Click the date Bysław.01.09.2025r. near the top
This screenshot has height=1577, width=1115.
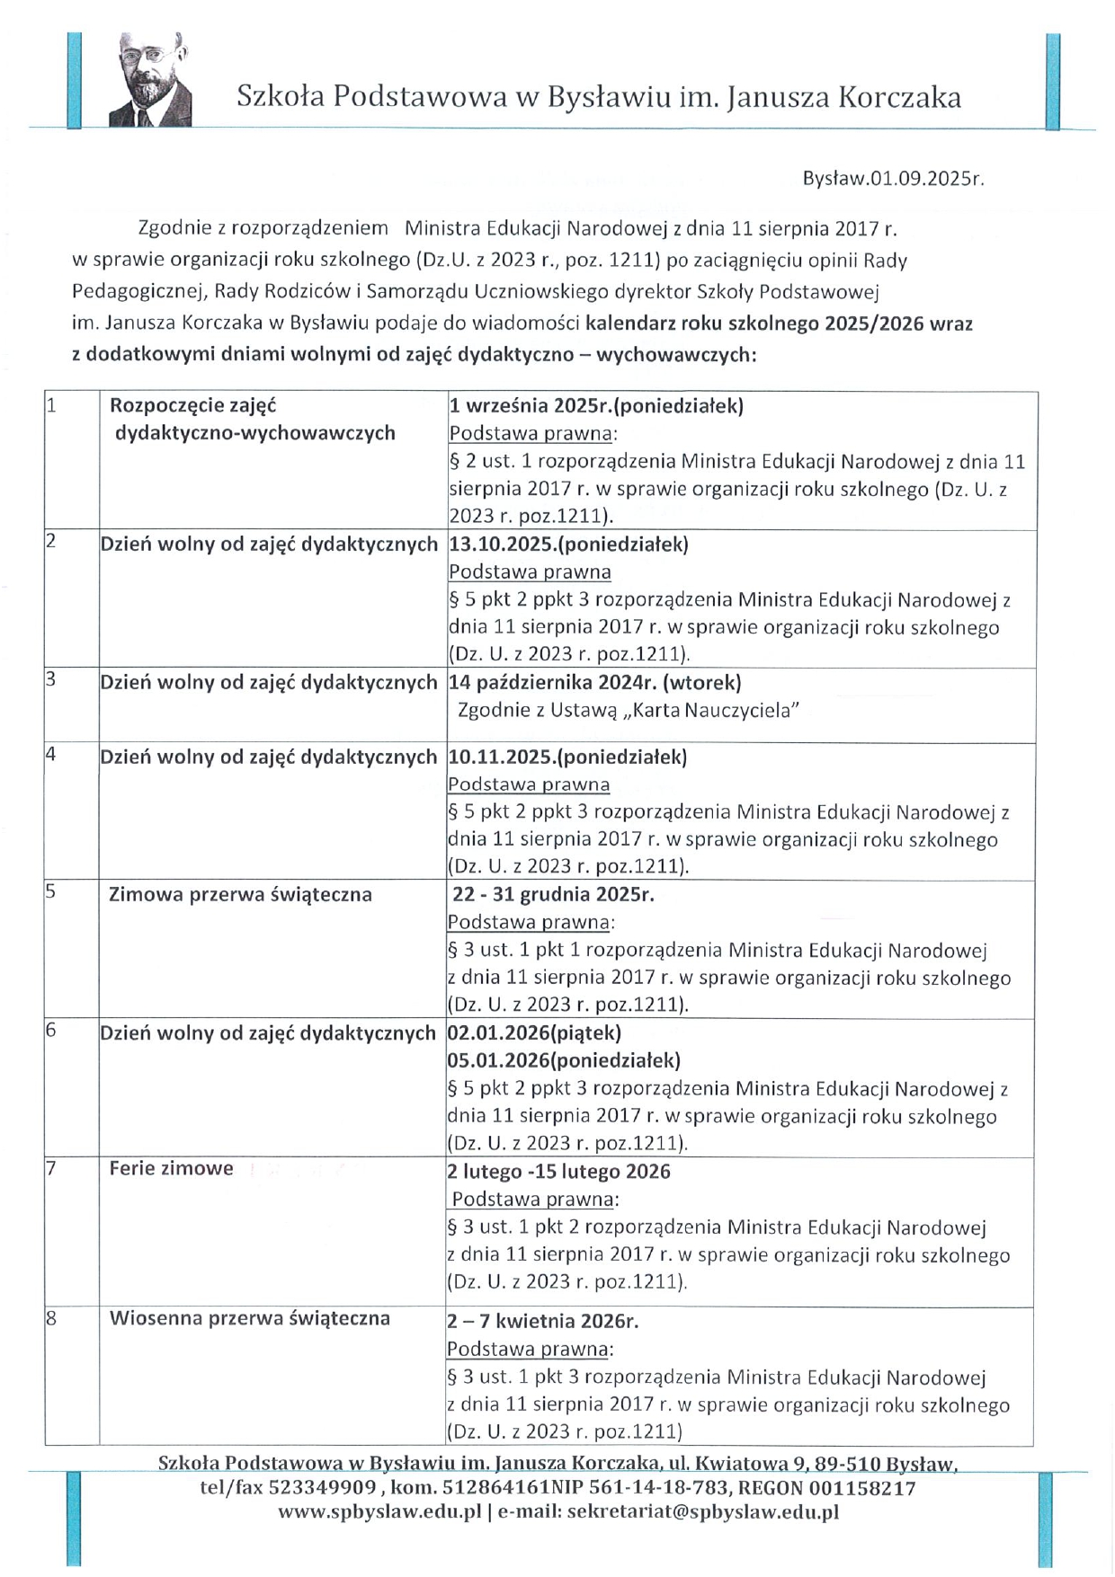coord(893,178)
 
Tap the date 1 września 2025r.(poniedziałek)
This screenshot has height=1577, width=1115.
coord(596,405)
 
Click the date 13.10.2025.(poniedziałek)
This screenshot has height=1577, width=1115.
coord(568,544)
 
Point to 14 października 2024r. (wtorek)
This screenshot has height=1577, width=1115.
coord(595,682)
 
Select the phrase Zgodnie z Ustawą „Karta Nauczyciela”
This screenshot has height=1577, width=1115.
coord(629,711)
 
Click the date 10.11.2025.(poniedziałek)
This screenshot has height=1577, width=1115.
coord(567,757)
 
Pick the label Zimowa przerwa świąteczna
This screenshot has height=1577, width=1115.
coord(240,894)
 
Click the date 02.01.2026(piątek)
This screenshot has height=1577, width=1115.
coord(534,1032)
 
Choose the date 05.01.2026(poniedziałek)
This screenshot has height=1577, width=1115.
coord(564,1060)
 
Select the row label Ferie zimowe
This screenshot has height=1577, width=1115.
coord(171,1168)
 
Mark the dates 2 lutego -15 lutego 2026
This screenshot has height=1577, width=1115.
coord(558,1171)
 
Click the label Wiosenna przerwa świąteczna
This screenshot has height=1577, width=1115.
coord(249,1318)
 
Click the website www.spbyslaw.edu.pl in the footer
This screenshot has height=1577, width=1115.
coord(379,1511)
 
